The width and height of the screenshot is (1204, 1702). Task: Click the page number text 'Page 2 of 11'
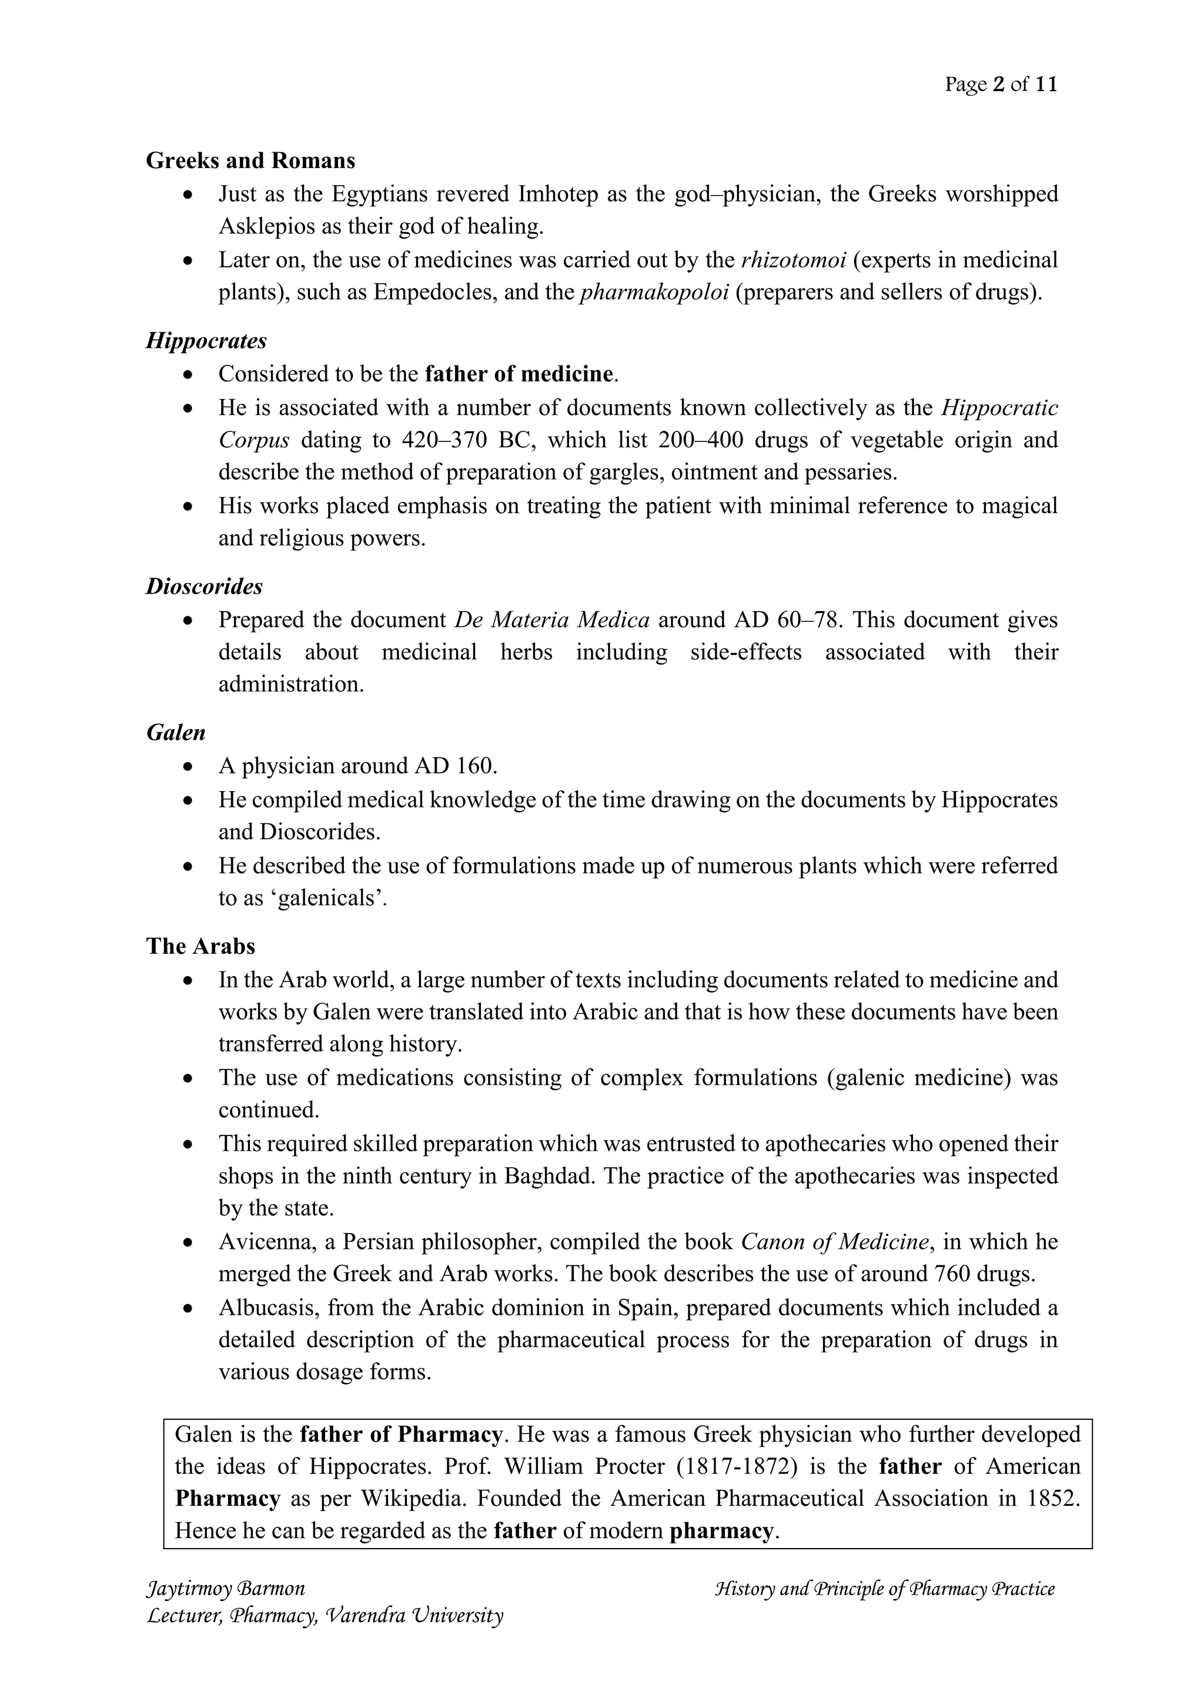1000,85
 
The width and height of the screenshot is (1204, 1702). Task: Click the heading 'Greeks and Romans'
250,161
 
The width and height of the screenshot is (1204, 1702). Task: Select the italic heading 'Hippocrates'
206,341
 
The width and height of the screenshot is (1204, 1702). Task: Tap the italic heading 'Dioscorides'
204,587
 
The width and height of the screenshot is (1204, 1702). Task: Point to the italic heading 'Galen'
176,732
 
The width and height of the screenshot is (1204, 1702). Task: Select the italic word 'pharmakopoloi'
654,293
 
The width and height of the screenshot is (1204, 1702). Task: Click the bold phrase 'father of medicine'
519,374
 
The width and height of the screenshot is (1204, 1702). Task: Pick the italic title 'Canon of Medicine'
835,1242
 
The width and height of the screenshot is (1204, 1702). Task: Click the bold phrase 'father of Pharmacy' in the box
401,1435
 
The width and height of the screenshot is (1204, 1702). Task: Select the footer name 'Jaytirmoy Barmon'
226,1589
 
